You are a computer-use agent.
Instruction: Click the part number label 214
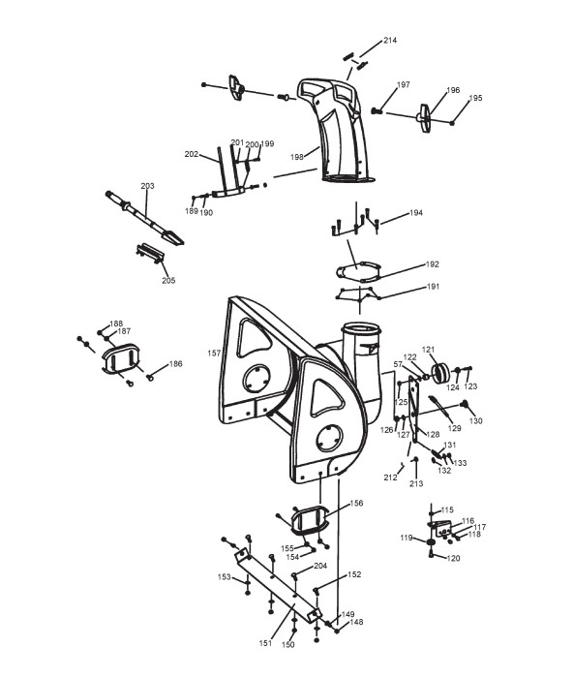tap(390, 41)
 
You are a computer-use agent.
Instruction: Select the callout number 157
tap(214, 354)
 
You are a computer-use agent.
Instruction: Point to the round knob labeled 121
tap(439, 372)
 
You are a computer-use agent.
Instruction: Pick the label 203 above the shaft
tap(147, 186)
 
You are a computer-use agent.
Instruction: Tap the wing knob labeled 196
tap(425, 117)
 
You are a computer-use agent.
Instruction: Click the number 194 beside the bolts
tap(415, 213)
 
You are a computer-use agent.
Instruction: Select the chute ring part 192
tap(359, 272)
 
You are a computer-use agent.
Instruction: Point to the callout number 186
tap(175, 364)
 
